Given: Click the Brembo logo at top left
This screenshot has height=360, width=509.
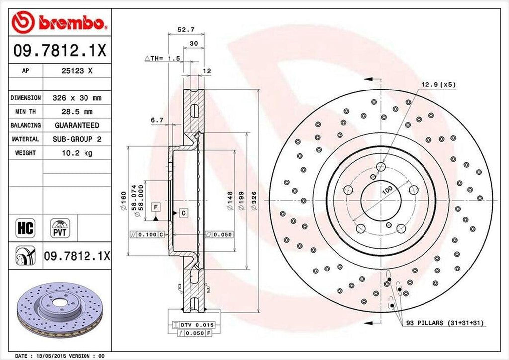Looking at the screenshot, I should tap(60, 22).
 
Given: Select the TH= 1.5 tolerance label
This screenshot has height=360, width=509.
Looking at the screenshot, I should tap(162, 58).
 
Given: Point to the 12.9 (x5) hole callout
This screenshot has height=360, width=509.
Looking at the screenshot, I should tap(438, 85).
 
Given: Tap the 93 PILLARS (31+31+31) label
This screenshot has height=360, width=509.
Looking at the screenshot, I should tap(445, 323).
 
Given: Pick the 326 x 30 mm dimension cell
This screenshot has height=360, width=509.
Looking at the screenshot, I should tap(77, 98).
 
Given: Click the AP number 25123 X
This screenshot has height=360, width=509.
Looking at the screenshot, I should tap(77, 71).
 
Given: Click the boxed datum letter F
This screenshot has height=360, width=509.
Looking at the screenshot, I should tap(156, 206).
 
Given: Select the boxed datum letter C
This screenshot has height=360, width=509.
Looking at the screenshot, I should tap(183, 213).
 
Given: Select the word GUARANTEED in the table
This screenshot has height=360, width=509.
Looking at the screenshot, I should tap(77, 125).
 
